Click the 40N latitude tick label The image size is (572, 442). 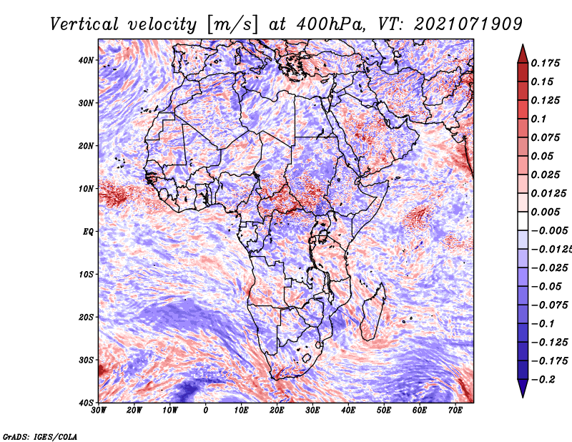pyautogui.click(x=86, y=60)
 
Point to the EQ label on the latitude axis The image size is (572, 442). pyautogui.click(x=88, y=232)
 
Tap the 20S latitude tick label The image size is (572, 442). pyautogui.click(x=86, y=317)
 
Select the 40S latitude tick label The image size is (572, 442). pyautogui.click(x=86, y=403)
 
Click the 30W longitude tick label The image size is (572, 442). pyautogui.click(x=99, y=411)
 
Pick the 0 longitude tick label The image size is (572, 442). pyautogui.click(x=206, y=411)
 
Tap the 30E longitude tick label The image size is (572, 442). pyautogui.click(x=312, y=411)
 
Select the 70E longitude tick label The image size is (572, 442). pyautogui.click(x=455, y=411)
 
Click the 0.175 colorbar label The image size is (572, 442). pyautogui.click(x=546, y=63)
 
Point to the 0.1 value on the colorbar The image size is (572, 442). pyautogui.click(x=539, y=119)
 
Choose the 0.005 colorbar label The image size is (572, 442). pyautogui.click(x=546, y=212)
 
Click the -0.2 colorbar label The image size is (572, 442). pyautogui.click(x=543, y=380)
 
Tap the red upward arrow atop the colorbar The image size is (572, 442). pyautogui.click(x=523, y=54)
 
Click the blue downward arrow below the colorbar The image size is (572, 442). pyautogui.click(x=523, y=388)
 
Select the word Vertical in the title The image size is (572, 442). pyautogui.click(x=84, y=24)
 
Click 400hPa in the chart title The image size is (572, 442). pyautogui.click(x=330, y=24)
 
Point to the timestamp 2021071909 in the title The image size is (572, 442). pyautogui.click(x=468, y=24)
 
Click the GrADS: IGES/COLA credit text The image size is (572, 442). pyautogui.click(x=40, y=437)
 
